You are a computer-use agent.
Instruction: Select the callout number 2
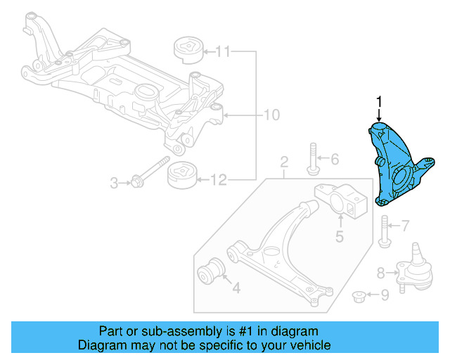pyautogui.click(x=284, y=164)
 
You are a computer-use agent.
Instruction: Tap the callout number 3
pyautogui.click(x=115, y=184)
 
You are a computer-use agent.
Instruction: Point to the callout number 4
pyautogui.click(x=236, y=287)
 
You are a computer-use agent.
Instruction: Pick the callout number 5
pyautogui.click(x=339, y=237)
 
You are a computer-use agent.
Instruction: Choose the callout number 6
pyautogui.click(x=334, y=159)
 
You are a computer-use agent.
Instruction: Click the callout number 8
pyautogui.click(x=380, y=271)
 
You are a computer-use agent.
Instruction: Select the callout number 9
pyautogui.click(x=384, y=296)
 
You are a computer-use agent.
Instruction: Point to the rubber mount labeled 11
pyautogui.click(x=188, y=51)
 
